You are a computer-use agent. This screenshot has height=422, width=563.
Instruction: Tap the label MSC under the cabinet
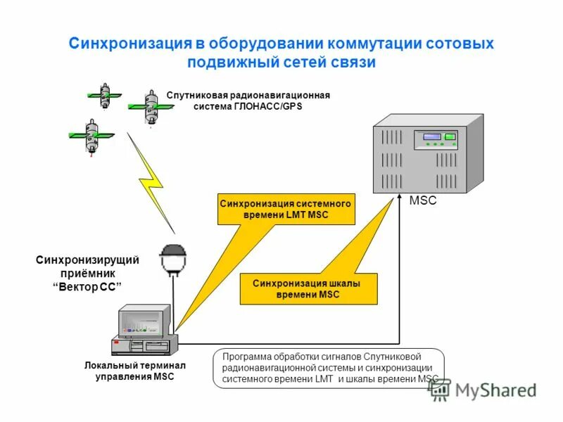tap(423, 200)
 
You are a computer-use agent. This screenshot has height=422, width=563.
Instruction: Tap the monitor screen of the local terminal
tap(144, 320)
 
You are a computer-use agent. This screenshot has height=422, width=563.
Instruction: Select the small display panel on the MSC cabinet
tap(433, 136)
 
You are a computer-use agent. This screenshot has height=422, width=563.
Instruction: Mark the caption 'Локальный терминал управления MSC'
tap(134, 371)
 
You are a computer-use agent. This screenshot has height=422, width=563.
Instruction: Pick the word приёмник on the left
tap(87, 273)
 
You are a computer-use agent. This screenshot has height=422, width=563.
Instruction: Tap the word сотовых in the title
tap(460, 44)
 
